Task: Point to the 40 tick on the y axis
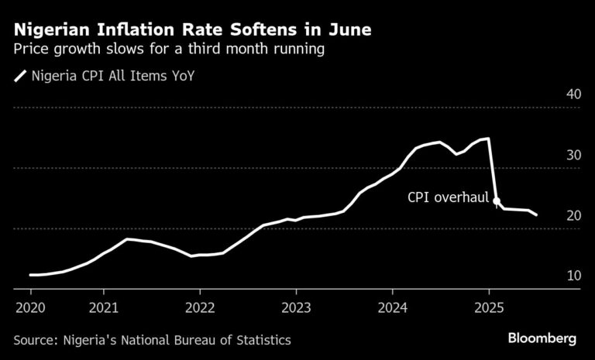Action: pos(573,94)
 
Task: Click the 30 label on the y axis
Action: pos(573,155)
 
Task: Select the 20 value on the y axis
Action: pos(573,215)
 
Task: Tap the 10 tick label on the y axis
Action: pos(573,276)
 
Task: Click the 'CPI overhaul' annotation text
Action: pos(447,197)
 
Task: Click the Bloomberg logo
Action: pos(542,338)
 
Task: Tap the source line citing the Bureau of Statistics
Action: pos(153,339)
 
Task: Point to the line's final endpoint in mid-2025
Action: pos(537,215)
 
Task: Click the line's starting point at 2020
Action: pos(31,275)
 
